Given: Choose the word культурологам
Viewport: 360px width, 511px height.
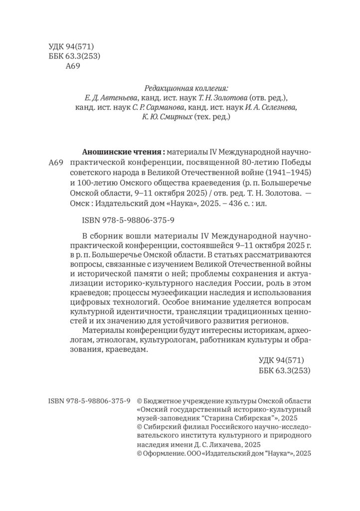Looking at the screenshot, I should coord(169,340).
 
